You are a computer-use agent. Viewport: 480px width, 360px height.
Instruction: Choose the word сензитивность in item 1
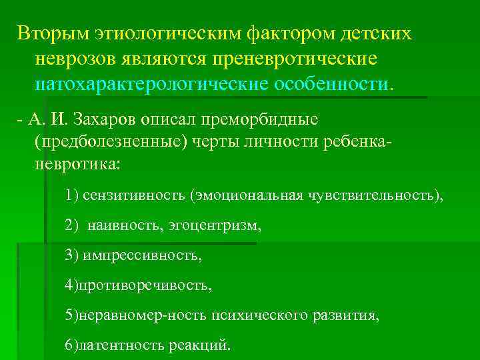[134, 195]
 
